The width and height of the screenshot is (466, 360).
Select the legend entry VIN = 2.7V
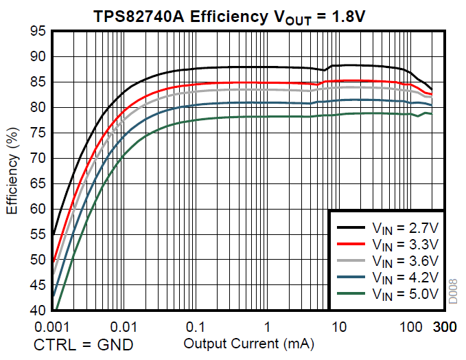(404, 227)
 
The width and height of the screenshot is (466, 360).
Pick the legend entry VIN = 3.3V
(404, 244)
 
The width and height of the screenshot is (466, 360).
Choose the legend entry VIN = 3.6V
(404, 261)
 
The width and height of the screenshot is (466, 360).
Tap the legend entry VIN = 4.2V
(404, 278)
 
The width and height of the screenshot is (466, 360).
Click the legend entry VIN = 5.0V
(404, 295)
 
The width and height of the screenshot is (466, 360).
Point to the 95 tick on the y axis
(39, 32)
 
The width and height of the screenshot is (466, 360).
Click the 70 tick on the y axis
(39, 158)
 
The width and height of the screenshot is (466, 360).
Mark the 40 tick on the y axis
(39, 310)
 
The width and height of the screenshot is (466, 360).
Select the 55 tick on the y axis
(39, 234)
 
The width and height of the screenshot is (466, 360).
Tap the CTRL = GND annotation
(84, 344)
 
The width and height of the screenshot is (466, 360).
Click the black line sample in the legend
(350, 227)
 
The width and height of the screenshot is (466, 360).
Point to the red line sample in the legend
(350, 244)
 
